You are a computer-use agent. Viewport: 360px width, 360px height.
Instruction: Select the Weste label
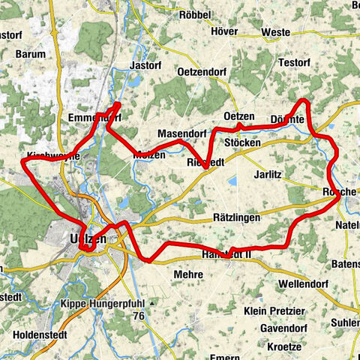pyautogui.click(x=277, y=33)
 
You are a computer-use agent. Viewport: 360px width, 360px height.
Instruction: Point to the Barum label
pyautogui.click(x=30, y=54)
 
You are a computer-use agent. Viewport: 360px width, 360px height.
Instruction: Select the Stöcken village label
pyautogui.click(x=242, y=142)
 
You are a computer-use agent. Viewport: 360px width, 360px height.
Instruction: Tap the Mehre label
pyautogui.click(x=188, y=275)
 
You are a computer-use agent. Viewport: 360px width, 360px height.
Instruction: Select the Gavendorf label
pyautogui.click(x=285, y=328)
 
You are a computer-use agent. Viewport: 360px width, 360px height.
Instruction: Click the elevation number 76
pyautogui.click(x=138, y=316)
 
